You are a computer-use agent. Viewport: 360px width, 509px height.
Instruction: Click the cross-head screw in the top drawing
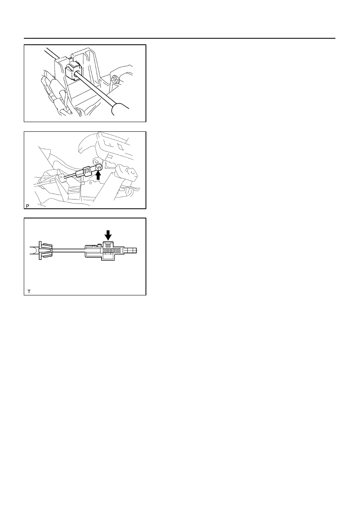[114, 79]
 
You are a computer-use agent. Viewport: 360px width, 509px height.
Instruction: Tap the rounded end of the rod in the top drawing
[121, 109]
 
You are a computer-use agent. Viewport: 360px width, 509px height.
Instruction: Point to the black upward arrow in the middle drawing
[98, 175]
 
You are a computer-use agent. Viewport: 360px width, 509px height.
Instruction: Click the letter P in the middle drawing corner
[27, 206]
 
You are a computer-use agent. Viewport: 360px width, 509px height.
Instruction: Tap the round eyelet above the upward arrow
[99, 168]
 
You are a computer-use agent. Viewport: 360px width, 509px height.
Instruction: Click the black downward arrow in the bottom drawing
[108, 235]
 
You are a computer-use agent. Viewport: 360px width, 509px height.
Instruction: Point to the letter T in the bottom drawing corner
[29, 291]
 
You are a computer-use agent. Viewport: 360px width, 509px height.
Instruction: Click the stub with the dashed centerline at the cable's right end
[131, 250]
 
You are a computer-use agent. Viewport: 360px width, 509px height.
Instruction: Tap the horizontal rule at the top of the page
[179, 38]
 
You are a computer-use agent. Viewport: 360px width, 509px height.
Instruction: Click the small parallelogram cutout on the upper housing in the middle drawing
[121, 147]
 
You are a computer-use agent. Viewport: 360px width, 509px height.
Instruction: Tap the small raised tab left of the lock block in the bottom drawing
[99, 245]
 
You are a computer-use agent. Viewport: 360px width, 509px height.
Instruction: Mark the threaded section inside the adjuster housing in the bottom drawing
[112, 251]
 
